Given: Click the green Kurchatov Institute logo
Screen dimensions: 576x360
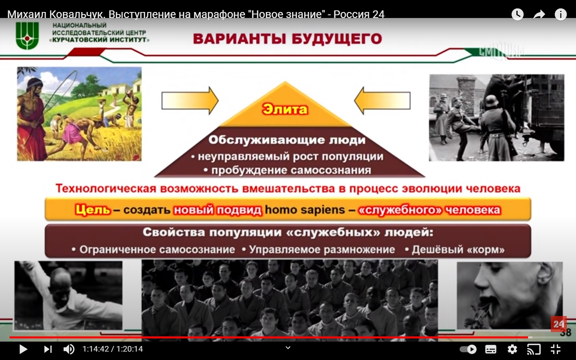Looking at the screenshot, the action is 27,36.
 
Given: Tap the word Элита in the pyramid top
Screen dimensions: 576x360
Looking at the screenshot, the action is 285,109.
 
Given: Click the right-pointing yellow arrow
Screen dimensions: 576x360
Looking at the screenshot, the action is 190,100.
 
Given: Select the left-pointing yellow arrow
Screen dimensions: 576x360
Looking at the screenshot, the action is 382,100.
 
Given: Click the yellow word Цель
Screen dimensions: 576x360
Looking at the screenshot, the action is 93,210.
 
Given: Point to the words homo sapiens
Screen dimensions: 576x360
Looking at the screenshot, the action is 305,210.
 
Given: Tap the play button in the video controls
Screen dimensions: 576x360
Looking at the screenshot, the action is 23,349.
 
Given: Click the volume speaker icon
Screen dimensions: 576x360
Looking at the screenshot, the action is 69,349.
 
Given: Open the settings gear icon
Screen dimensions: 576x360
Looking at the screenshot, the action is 512,349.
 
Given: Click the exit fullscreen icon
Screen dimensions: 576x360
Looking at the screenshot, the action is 556,349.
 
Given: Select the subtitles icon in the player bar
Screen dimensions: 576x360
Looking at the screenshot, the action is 491,349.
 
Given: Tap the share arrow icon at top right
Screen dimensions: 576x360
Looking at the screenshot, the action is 539,14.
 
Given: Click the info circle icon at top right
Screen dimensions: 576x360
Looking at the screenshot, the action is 560,14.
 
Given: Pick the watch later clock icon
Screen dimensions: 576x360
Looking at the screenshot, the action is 517,14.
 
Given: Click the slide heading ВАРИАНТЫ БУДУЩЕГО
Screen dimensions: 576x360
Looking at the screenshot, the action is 288,39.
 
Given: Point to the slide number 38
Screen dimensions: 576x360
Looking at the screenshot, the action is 566,332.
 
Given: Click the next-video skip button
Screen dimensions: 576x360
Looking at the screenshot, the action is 48,349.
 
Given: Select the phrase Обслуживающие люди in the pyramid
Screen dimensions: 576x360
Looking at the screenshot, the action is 287,140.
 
